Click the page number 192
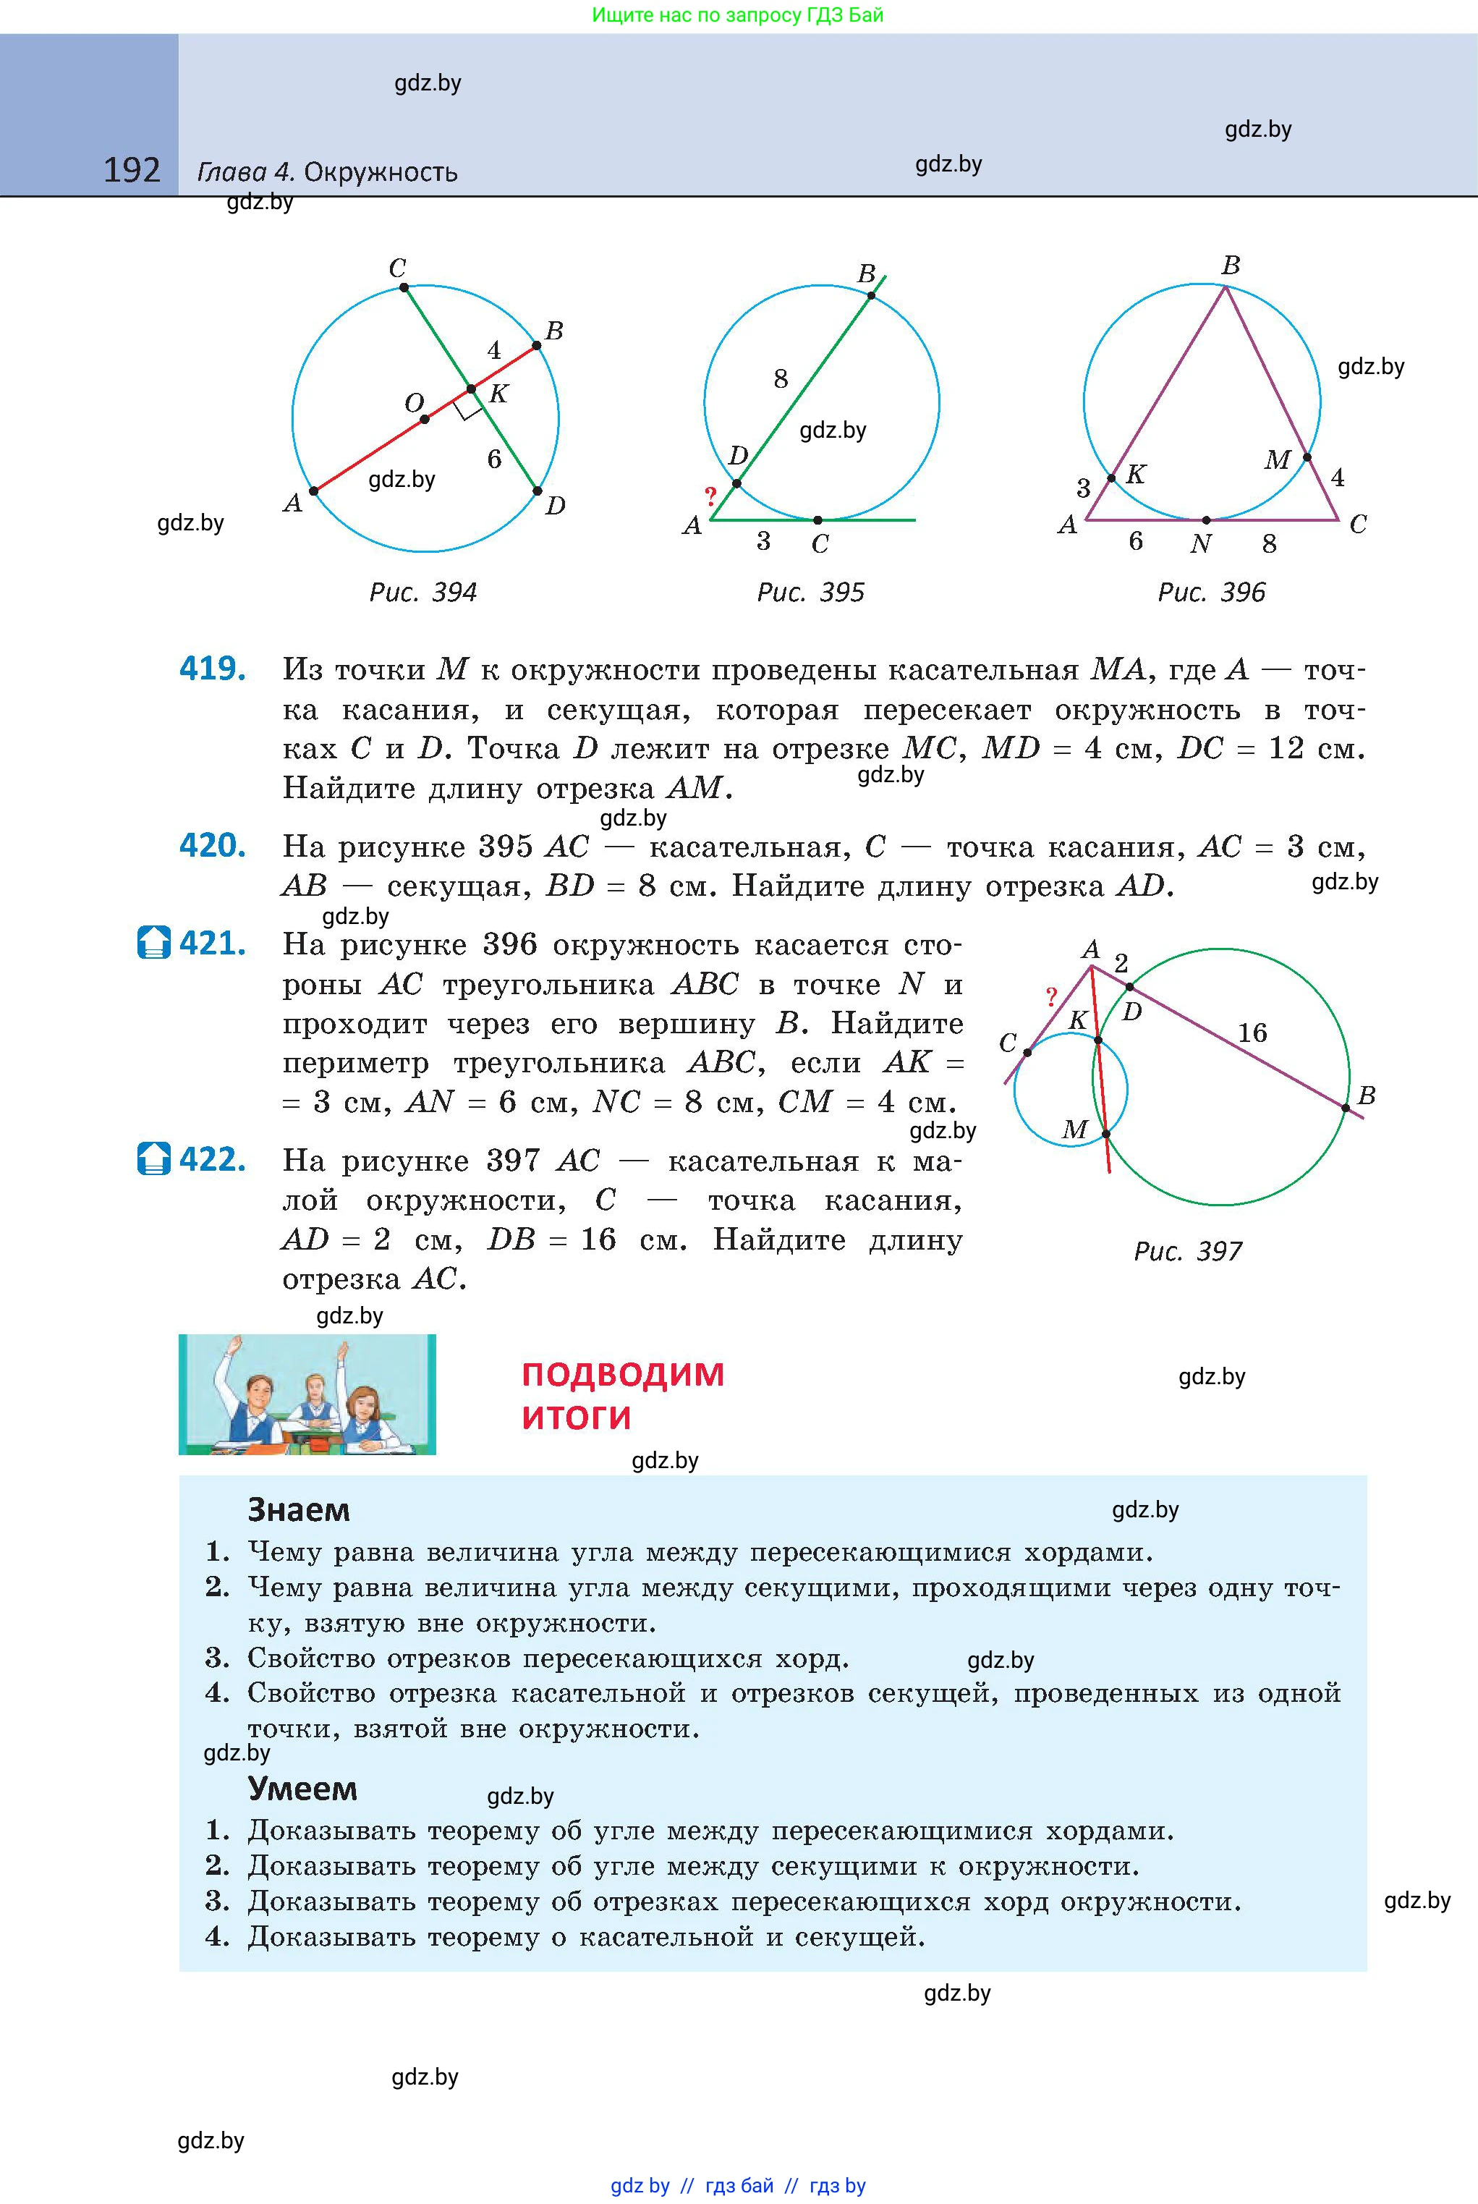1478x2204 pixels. pos(132,171)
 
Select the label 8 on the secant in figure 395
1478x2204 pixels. pos(781,379)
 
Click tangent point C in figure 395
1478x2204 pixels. pos(817,520)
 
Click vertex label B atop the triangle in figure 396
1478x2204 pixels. pos(1230,266)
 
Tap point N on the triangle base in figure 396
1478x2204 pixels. pos(1205,520)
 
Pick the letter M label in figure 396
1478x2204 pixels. pos(1277,460)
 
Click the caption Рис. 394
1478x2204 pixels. pos(422,592)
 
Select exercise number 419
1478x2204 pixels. pos(213,669)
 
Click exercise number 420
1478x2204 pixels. pos(213,846)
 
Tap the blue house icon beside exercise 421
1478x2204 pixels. pos(153,943)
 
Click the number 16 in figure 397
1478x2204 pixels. pos(1252,1033)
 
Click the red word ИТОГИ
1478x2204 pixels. pos(576,1417)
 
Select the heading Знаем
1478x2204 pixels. pos(298,1510)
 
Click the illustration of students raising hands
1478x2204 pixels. pos(307,1394)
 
